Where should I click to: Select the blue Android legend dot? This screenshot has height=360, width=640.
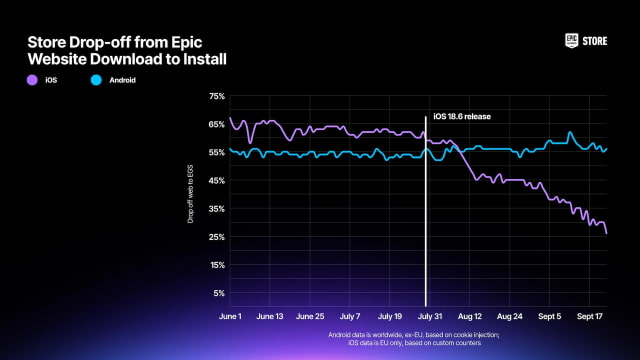pos(96,78)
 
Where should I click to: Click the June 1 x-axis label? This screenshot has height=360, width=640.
pos(231,315)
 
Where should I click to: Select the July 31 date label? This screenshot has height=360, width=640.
pos(427,315)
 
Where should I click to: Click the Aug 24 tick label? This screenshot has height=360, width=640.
pos(509,315)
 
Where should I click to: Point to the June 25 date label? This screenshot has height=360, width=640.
pos(311,315)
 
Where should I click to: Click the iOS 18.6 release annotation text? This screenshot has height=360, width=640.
pos(464,117)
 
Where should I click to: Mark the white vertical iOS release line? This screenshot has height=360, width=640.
pos(427,220)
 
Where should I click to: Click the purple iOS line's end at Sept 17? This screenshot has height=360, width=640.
pos(606,233)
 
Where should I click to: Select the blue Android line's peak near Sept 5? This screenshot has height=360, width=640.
pos(570,132)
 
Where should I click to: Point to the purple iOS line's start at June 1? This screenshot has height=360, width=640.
pos(230,118)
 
